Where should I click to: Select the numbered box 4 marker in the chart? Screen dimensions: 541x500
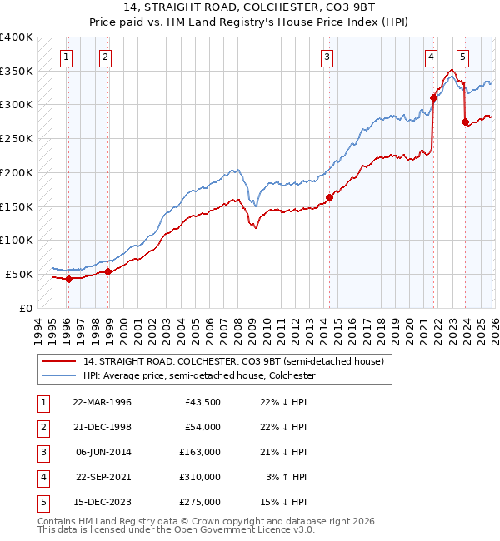click(431, 57)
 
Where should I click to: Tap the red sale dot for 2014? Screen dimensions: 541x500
click(329, 197)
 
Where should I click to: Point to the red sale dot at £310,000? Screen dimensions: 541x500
click(433, 97)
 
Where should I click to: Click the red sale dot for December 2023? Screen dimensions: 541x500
click(465, 122)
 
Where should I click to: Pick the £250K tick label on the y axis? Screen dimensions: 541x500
click(17, 139)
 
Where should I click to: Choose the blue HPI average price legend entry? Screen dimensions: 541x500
click(198, 375)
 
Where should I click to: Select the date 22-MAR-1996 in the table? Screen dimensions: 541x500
click(102, 402)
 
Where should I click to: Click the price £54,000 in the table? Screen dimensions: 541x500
click(202, 427)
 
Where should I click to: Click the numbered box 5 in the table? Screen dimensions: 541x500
click(42, 502)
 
